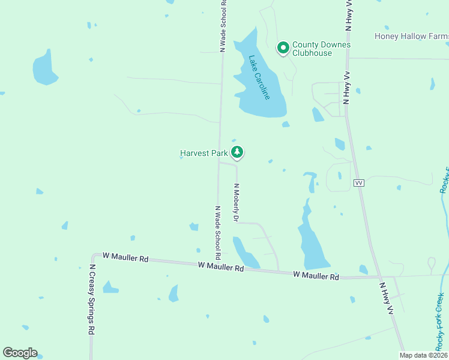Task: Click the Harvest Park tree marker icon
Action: pos(238,152)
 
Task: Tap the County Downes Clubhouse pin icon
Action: pos(283,47)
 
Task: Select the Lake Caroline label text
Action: pos(260,77)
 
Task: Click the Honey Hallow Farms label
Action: pos(412,36)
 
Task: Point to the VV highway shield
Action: pos(360,182)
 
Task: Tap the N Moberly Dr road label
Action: pos(237,203)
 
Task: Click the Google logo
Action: pos(20,353)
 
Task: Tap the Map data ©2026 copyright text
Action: pos(423,355)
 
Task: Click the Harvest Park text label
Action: pos(204,154)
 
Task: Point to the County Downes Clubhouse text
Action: pos(321,49)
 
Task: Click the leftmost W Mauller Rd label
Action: pos(125,257)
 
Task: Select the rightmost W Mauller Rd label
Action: pos(316,275)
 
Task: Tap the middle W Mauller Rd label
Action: pos(221,266)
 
